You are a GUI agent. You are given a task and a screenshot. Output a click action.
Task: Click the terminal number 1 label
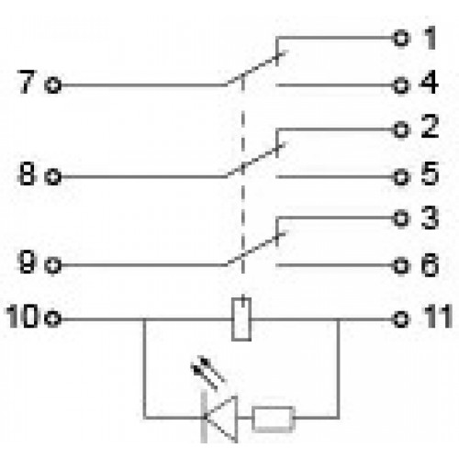click(430, 38)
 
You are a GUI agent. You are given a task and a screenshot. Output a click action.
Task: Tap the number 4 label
click(429, 82)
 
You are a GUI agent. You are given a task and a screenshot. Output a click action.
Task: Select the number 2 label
click(430, 126)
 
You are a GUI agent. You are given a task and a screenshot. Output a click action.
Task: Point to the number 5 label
click(430, 174)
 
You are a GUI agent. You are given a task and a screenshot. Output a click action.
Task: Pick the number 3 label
click(430, 218)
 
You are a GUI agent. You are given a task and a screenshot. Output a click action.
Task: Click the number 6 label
click(430, 265)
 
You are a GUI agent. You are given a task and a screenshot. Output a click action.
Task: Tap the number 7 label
click(27, 82)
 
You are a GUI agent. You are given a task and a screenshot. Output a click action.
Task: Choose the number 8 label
click(27, 174)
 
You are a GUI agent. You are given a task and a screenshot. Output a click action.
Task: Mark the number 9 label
click(28, 262)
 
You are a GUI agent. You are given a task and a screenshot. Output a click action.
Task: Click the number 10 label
click(22, 316)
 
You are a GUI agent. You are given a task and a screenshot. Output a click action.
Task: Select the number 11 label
click(438, 316)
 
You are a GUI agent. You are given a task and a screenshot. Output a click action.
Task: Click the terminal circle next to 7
click(52, 84)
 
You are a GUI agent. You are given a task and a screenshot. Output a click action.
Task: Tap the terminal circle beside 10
click(52, 319)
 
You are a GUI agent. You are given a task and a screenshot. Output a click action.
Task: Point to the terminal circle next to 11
click(401, 319)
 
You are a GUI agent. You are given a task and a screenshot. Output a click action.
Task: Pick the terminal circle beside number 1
click(401, 39)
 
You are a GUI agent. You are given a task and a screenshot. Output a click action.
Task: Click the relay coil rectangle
click(241, 319)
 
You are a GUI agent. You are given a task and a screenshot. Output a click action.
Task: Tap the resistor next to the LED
click(274, 419)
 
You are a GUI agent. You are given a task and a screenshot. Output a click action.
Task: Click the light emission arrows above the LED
click(208, 373)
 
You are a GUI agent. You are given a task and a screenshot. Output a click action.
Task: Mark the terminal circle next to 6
click(401, 265)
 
